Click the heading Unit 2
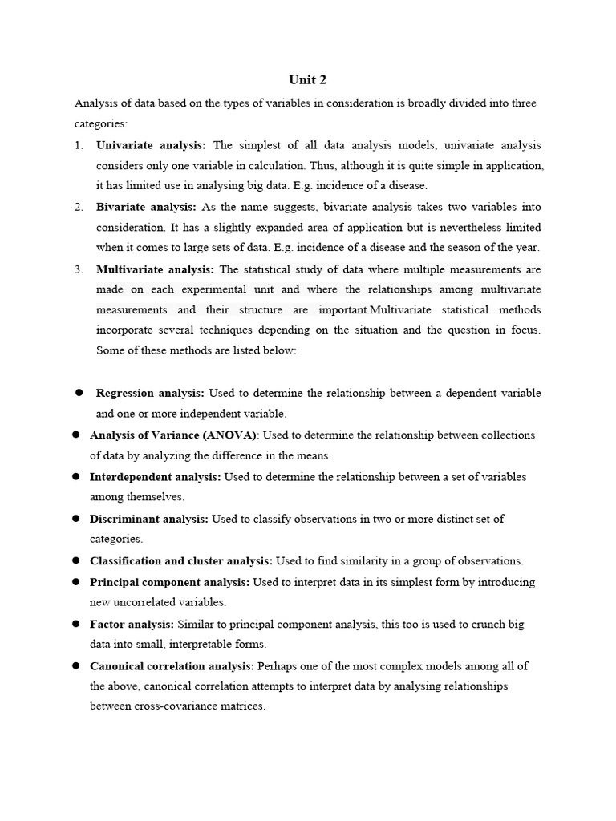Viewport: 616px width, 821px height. pos(307,80)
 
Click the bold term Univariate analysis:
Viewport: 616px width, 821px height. pos(151,145)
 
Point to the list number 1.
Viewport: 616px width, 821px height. pos(79,145)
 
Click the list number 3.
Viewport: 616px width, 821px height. pos(79,269)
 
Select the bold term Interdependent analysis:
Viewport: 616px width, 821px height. pos(156,476)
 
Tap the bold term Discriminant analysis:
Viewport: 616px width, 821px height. pos(149,519)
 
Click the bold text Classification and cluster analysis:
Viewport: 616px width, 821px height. pos(181,560)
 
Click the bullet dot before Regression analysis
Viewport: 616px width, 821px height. pos(79,393)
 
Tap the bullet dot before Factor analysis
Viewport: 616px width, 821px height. pos(75,624)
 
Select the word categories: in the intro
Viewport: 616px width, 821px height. pos(101,124)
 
